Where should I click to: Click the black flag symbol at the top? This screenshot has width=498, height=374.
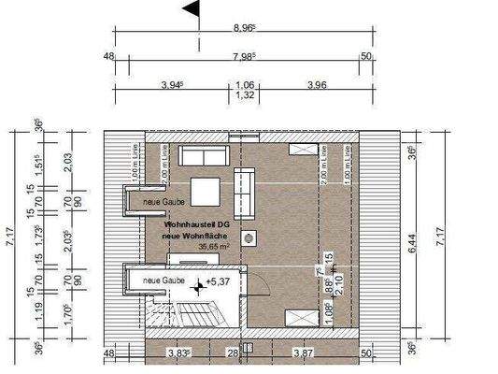pos(192,10)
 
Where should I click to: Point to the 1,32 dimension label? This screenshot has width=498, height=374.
pos(244,95)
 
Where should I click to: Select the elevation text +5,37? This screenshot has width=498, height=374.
pos(219,280)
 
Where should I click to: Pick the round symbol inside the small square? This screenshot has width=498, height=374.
pos(249,240)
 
